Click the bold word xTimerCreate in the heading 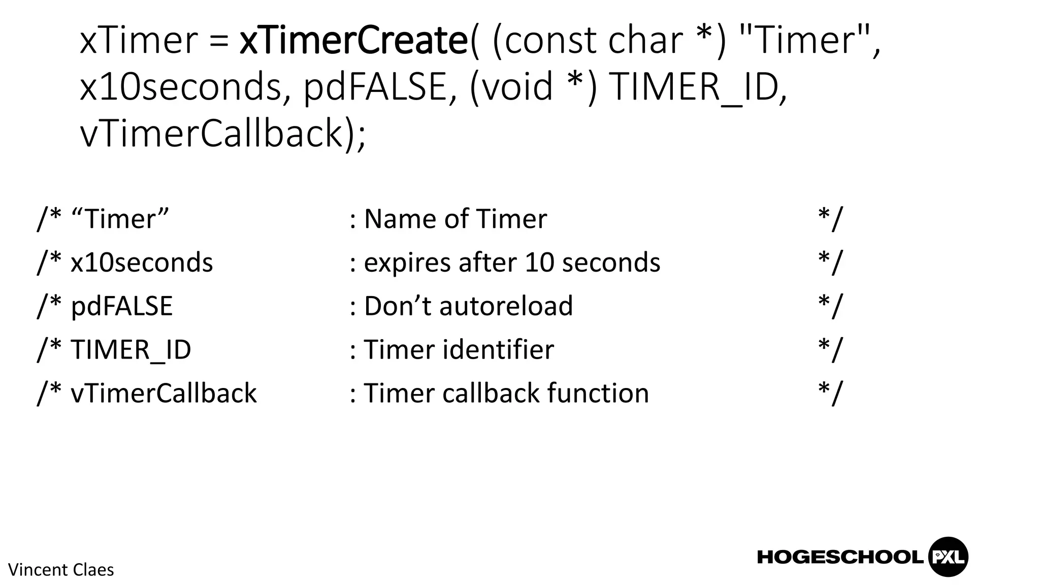(353, 41)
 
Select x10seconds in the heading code (180, 87)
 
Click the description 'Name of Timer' (455, 219)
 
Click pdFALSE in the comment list (121, 306)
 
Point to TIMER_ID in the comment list (131, 350)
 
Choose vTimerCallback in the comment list (164, 394)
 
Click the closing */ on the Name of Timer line (830, 219)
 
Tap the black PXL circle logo (948, 557)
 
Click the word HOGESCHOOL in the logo (840, 557)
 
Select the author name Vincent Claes (61, 570)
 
